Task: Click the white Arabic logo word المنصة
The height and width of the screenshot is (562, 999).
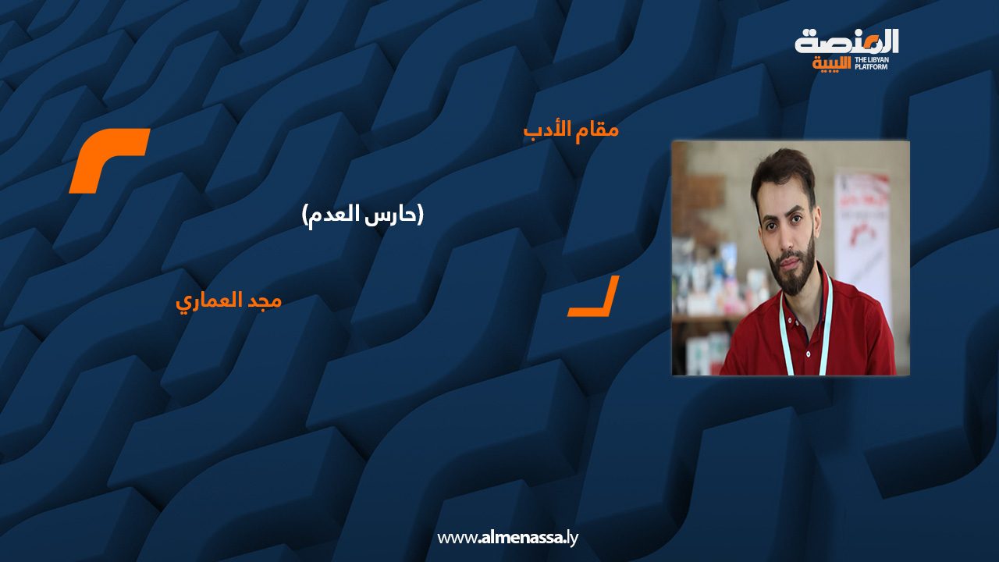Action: (x=847, y=42)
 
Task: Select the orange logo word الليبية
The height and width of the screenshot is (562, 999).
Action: (x=832, y=64)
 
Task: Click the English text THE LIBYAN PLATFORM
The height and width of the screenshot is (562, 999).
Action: (x=872, y=63)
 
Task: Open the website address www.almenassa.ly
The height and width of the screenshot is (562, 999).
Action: (x=507, y=538)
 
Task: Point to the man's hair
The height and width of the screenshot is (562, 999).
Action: (x=782, y=172)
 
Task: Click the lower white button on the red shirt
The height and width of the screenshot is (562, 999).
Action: (x=808, y=354)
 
